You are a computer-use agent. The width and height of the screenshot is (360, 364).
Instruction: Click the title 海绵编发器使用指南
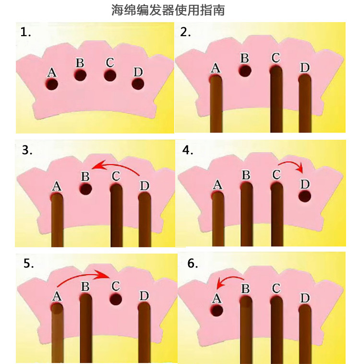click(x=168, y=10)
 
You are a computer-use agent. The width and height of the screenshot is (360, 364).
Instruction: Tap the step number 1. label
click(x=25, y=32)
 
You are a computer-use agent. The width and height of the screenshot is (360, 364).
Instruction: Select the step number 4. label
click(x=188, y=150)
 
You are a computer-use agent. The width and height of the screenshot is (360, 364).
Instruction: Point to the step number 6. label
click(x=192, y=263)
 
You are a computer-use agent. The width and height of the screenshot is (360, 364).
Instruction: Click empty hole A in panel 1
click(x=52, y=84)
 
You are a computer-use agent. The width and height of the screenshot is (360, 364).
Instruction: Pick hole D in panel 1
click(x=138, y=84)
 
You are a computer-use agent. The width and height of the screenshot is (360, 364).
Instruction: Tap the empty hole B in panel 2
click(x=245, y=71)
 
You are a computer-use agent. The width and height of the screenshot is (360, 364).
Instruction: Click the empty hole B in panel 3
click(x=85, y=189)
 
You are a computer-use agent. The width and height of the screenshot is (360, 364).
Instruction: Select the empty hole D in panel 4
click(x=305, y=196)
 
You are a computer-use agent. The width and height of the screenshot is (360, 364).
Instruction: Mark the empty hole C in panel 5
click(x=116, y=299)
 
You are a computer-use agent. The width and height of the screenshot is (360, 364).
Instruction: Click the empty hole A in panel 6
click(x=217, y=310)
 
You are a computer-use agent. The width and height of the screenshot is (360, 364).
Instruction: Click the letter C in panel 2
click(x=276, y=58)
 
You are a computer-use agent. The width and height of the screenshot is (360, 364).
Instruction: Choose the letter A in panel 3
click(x=57, y=186)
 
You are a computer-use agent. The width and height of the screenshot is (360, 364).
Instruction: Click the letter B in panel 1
click(x=80, y=63)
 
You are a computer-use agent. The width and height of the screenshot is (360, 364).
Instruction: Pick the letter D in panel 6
click(x=305, y=298)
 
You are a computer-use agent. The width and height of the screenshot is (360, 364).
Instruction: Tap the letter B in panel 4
click(x=246, y=175)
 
